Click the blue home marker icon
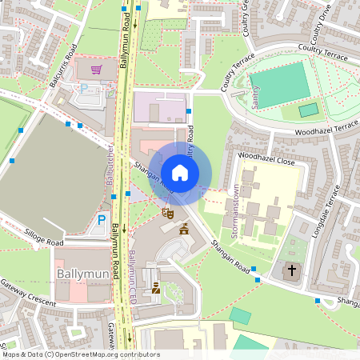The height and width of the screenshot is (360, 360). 180,172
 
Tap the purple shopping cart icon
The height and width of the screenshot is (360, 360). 97,70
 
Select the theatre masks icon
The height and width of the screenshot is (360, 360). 167,213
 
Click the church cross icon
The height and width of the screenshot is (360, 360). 291,270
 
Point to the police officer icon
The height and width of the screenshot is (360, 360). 156,288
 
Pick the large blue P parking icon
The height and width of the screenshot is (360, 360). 102,220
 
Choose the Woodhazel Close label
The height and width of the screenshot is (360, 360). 266,161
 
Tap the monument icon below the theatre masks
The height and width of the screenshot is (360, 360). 184,230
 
